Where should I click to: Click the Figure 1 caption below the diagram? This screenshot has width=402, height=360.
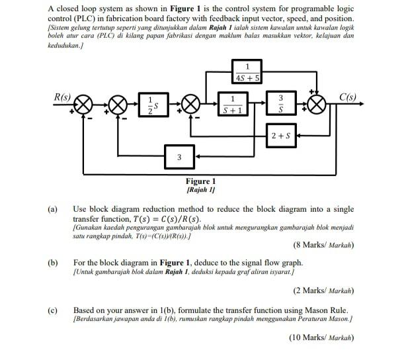[x=201, y=181]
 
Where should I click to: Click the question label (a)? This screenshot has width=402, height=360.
[x=52, y=208]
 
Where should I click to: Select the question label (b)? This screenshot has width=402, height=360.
[x=52, y=263]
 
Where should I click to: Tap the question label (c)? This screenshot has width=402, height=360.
[x=52, y=309]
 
